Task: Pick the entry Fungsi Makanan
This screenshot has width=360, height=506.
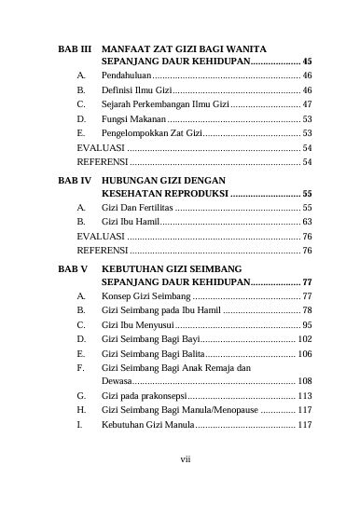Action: (x=133, y=119)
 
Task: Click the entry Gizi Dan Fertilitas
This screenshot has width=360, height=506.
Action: (x=138, y=207)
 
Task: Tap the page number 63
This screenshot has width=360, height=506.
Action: (x=307, y=222)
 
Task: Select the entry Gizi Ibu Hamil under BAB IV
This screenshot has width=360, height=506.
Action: (x=130, y=222)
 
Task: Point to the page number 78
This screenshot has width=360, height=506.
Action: (x=307, y=309)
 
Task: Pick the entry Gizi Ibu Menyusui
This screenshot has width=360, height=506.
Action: (x=137, y=324)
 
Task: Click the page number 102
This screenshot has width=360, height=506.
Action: (x=304, y=339)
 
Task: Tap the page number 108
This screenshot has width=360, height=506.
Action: (x=304, y=381)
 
